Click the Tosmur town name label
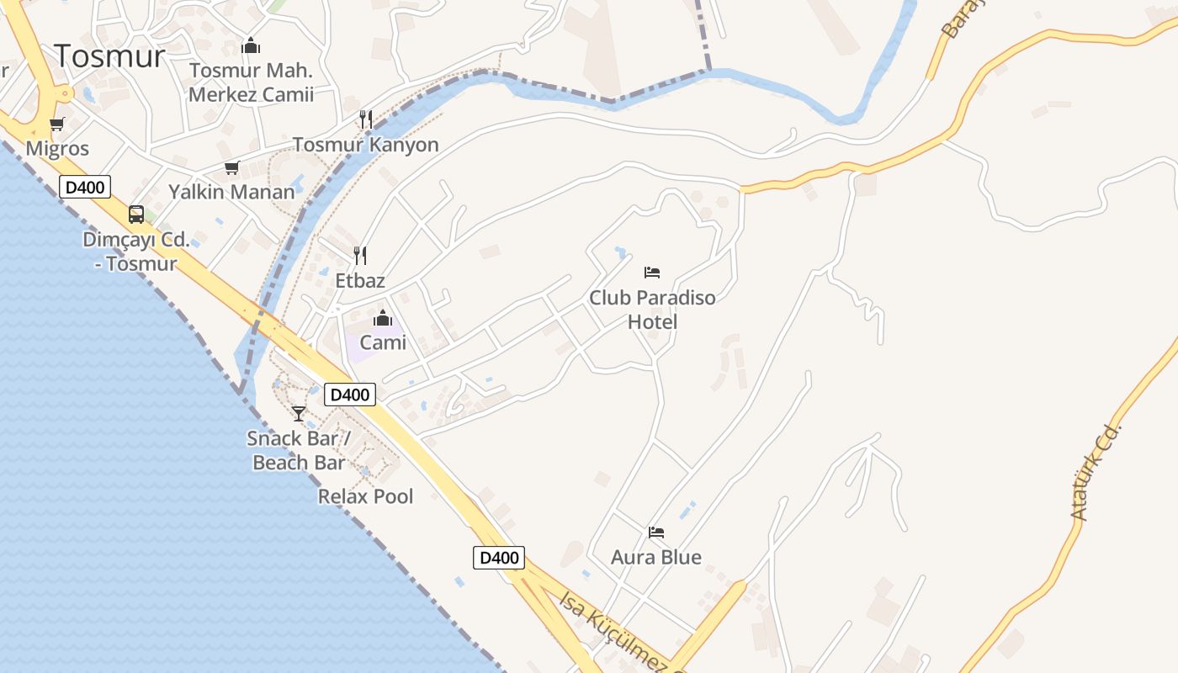pos(110,56)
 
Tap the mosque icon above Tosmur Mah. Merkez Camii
pos(251,46)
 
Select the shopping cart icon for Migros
pos(57,125)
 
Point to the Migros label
pos(57,149)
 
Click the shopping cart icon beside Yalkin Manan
pos(231,167)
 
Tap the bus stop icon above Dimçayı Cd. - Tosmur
pos(136,214)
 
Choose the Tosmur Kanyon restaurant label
pos(366,145)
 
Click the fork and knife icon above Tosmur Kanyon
pos(366,119)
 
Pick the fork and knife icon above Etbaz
pos(360,255)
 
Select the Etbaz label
pos(360,280)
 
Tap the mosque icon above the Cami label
pos(383,318)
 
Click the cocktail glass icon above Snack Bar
pos(299,413)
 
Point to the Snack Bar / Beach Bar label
pos(299,450)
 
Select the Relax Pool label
pos(366,496)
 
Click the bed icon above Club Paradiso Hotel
pos(652,272)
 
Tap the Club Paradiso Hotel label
pos(652,310)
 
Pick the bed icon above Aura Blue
pos(656,532)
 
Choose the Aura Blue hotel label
pos(656,557)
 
